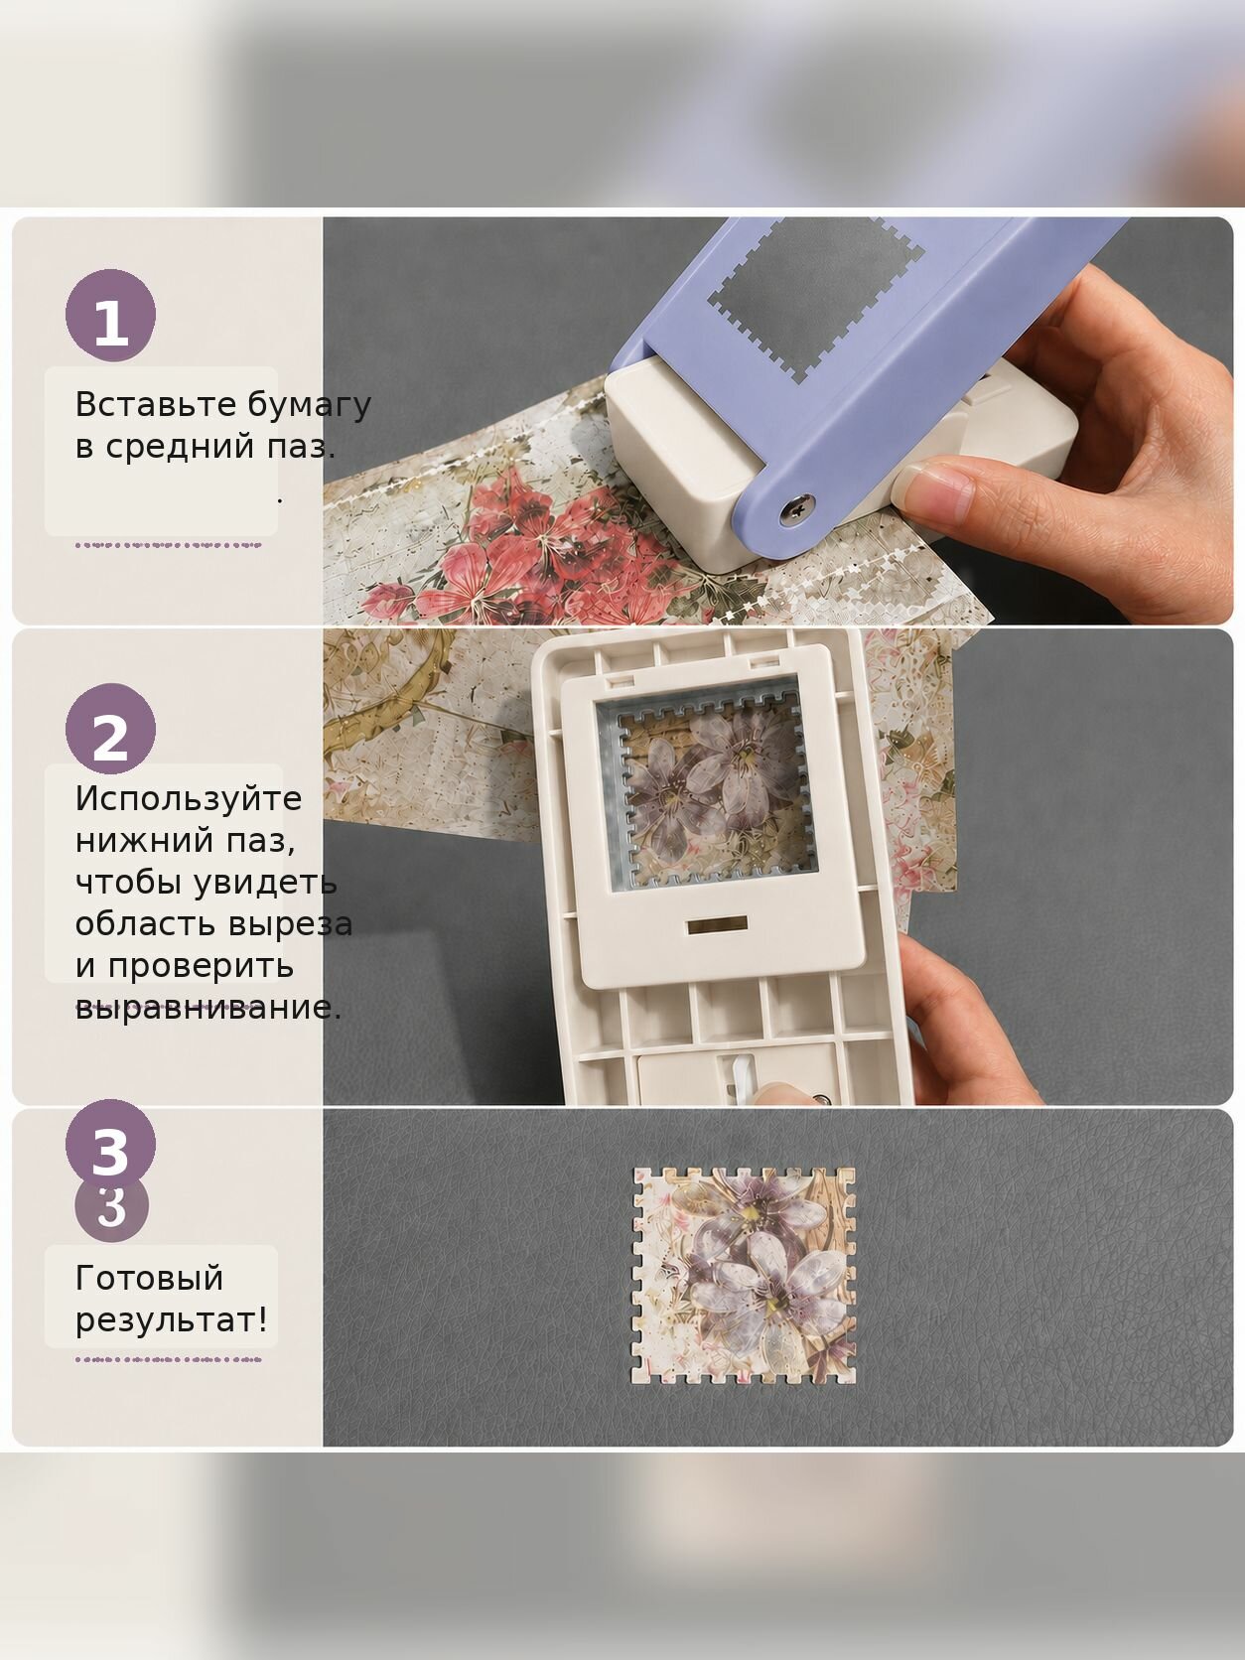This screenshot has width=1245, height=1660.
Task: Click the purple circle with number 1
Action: point(110,316)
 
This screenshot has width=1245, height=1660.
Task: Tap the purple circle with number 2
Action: point(110,729)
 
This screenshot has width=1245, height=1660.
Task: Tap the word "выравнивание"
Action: point(207,1008)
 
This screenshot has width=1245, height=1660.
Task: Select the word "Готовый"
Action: point(149,1279)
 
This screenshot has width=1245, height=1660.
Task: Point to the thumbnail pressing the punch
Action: point(936,489)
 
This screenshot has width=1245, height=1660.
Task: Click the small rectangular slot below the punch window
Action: point(717,924)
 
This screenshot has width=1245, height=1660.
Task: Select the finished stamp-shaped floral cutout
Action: point(744,1275)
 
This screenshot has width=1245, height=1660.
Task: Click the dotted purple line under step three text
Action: point(168,1359)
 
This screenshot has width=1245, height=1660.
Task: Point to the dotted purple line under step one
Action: point(168,544)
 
